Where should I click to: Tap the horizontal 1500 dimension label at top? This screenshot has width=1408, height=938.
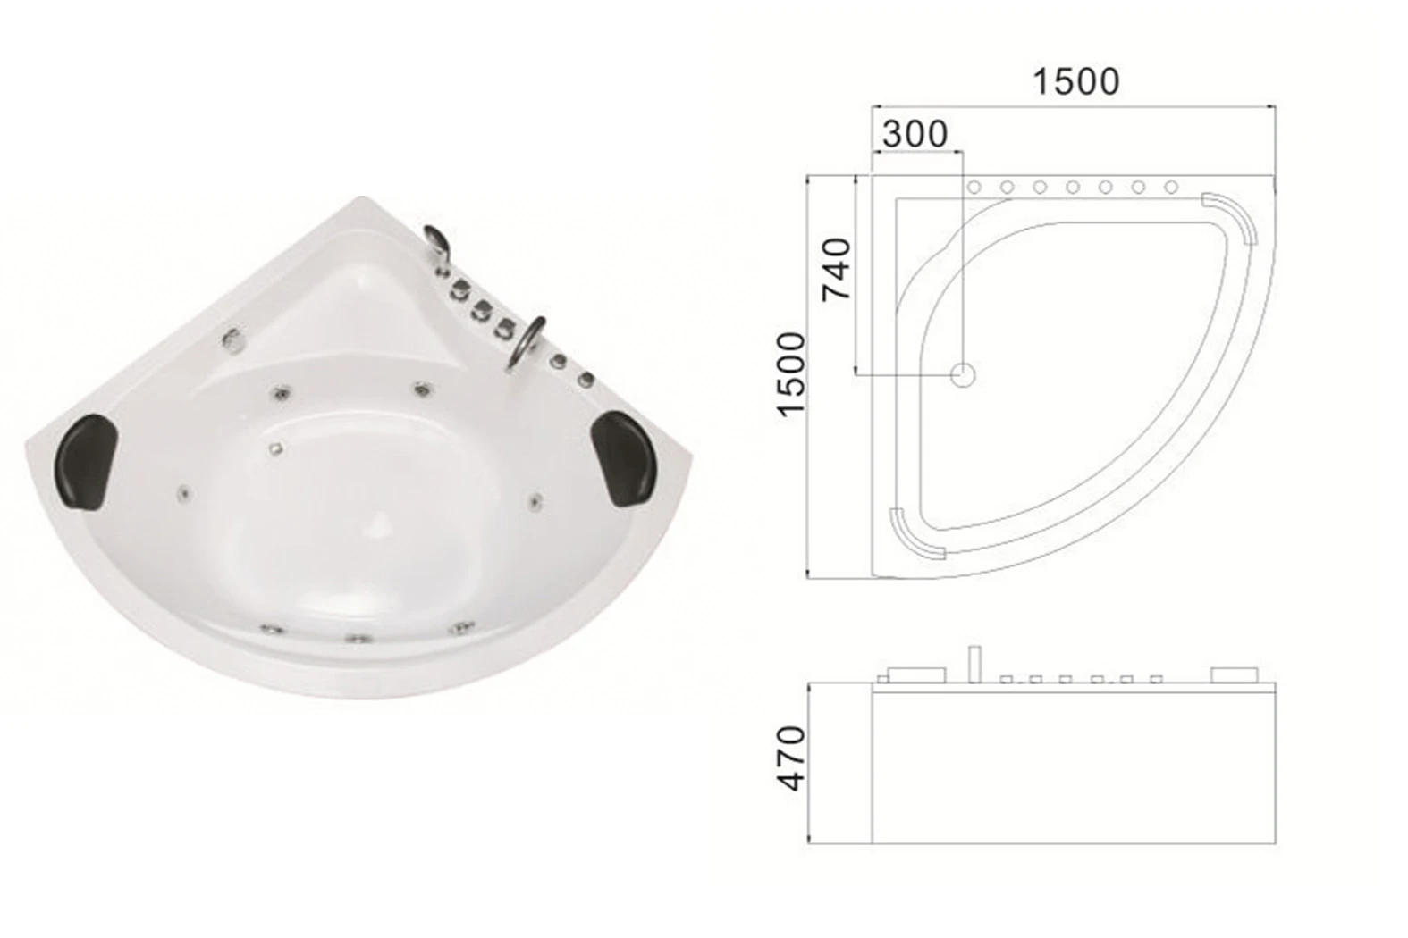pos(1076,81)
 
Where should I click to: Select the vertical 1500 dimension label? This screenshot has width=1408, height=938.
pos(791,374)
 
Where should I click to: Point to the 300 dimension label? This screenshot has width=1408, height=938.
pos(915,135)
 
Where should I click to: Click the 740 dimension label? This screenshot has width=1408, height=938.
pos(837,268)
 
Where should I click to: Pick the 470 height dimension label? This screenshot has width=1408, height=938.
pos(791,758)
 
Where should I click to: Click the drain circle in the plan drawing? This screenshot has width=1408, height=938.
pos(962,375)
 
